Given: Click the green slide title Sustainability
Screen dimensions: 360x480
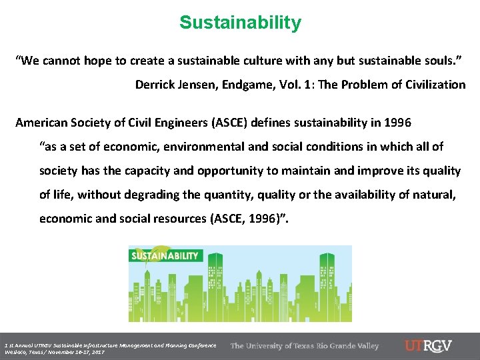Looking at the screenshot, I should point(240,23).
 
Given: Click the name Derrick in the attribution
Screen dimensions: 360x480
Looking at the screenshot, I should point(156,85).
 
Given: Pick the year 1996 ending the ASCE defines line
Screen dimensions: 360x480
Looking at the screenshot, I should point(397,123).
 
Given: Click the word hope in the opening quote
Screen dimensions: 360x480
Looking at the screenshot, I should point(99,61).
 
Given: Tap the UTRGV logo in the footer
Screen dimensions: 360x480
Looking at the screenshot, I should point(428,346).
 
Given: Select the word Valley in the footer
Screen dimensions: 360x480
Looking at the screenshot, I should point(365,346).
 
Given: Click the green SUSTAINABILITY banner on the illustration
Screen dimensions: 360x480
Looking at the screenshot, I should point(165,256).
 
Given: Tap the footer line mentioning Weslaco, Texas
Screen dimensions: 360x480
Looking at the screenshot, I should point(53,351).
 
